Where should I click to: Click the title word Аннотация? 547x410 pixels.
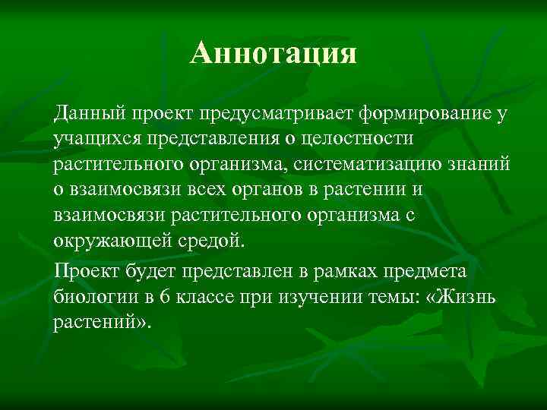[273, 53]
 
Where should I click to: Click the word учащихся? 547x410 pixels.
[91, 140]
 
